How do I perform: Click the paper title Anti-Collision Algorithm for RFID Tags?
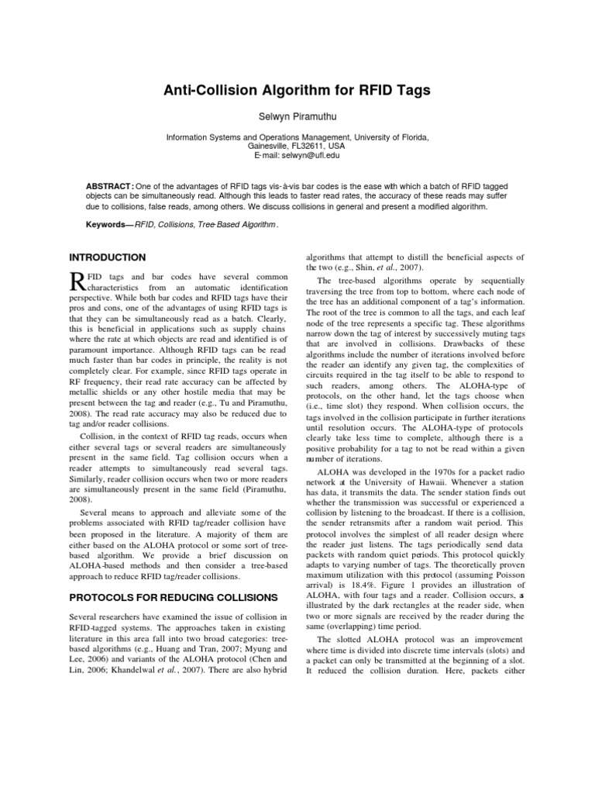click(297, 91)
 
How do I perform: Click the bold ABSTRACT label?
click(108, 186)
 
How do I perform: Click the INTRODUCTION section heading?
click(108, 257)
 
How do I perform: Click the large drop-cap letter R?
click(76, 281)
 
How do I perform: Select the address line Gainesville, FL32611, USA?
click(297, 145)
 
